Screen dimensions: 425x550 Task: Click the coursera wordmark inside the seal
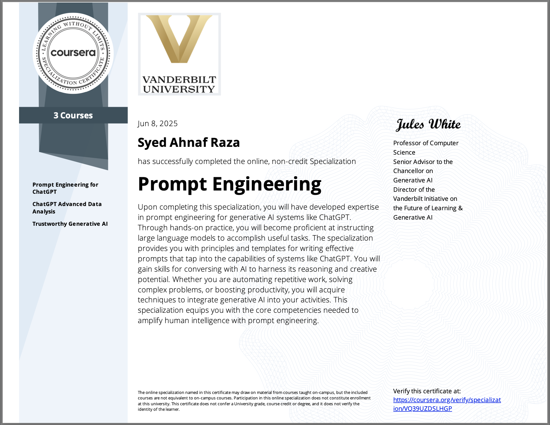(x=73, y=53)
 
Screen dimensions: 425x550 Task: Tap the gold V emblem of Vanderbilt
(x=179, y=39)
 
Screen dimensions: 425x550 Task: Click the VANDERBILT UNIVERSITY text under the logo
(x=179, y=84)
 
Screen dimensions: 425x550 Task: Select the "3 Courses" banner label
(x=73, y=115)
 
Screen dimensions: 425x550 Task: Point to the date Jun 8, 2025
(x=157, y=124)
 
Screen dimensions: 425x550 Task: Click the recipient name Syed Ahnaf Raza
(x=189, y=143)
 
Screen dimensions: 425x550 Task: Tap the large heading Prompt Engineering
(x=229, y=184)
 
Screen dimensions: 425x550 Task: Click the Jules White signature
(x=428, y=125)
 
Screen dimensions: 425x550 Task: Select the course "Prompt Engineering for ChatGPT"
(x=65, y=188)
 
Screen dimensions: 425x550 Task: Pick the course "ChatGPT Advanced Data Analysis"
(x=67, y=208)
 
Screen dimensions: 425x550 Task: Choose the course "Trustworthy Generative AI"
(x=70, y=224)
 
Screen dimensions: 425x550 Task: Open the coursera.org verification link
(x=447, y=404)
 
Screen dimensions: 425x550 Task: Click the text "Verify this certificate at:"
(x=427, y=391)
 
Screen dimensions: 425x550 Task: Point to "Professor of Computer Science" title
(x=426, y=147)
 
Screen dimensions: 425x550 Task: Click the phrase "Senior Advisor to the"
(x=423, y=162)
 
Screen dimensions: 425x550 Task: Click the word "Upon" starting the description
(x=147, y=207)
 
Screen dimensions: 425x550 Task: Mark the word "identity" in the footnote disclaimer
(x=145, y=409)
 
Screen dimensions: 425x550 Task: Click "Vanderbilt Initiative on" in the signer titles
(x=425, y=199)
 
